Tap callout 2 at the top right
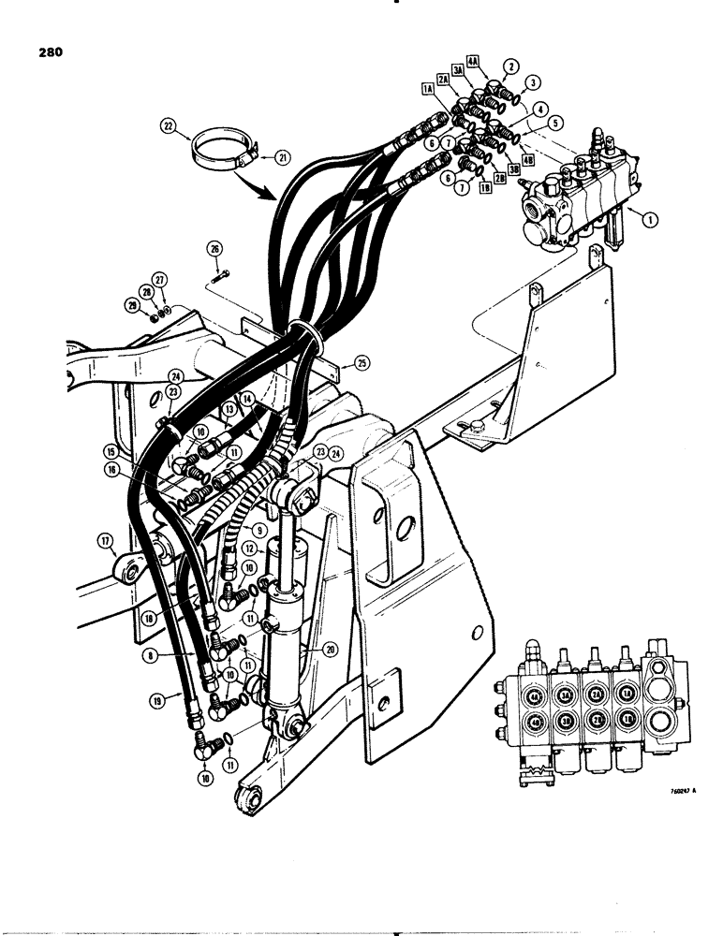click(510, 66)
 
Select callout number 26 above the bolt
click(215, 249)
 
